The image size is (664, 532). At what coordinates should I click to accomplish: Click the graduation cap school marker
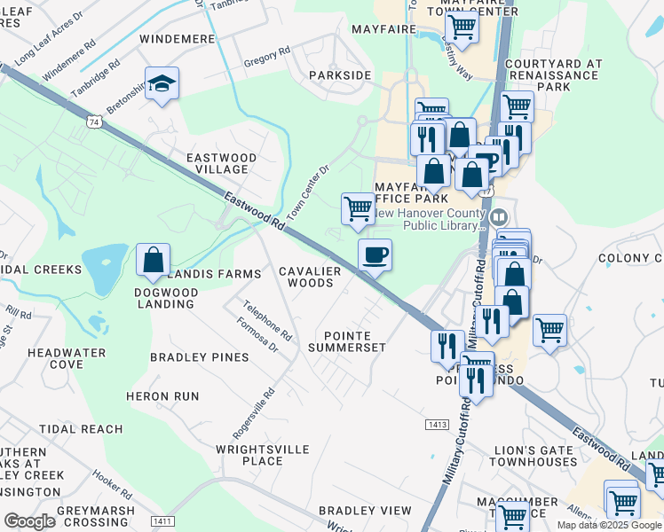pyautogui.click(x=162, y=83)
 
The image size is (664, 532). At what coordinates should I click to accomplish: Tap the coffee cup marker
pyautogui.click(x=375, y=255)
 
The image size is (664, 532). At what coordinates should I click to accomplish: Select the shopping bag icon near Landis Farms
pyautogui.click(x=154, y=260)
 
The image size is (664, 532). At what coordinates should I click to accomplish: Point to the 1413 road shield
pyautogui.click(x=436, y=425)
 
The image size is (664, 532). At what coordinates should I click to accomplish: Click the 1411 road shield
pyautogui.click(x=162, y=520)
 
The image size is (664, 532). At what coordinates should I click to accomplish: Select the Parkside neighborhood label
pyautogui.click(x=340, y=75)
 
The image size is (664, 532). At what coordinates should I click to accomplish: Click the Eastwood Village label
pyautogui.click(x=221, y=163)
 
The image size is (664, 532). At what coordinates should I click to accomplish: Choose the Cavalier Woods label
pyautogui.click(x=306, y=277)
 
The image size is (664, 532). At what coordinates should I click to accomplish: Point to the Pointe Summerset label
pyautogui.click(x=346, y=341)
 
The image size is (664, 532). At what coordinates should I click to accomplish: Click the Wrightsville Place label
pyautogui.click(x=263, y=456)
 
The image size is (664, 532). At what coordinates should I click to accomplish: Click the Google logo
pyautogui.click(x=29, y=521)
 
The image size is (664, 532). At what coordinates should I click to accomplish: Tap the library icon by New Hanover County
pyautogui.click(x=499, y=217)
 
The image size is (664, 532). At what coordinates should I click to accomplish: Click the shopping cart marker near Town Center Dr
pyautogui.click(x=358, y=209)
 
